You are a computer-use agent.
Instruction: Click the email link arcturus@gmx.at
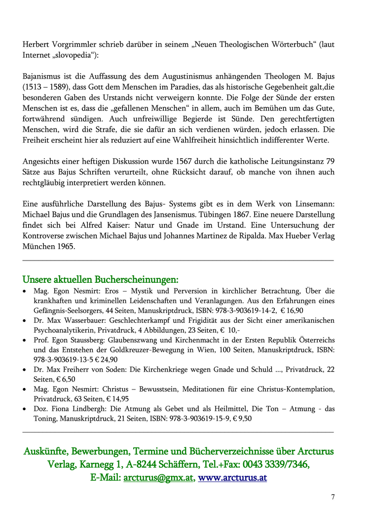(158, 478)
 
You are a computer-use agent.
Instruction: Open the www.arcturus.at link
(232, 478)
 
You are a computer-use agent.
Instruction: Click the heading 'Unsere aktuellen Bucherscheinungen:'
(101, 280)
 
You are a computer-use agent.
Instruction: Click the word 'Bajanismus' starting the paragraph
(43, 77)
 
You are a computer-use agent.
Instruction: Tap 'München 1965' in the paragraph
(49, 246)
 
